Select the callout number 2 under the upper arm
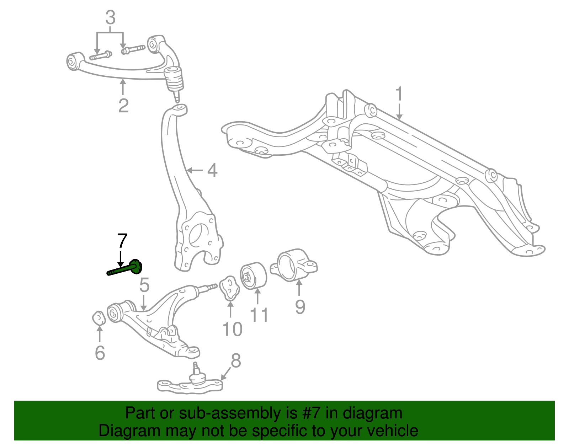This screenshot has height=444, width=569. coord(123,106)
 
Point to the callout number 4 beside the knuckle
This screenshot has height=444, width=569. coord(212,171)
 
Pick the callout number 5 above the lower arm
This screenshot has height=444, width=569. coord(144,285)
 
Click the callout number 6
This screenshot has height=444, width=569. coord(100,353)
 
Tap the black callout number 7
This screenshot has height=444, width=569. coord(122,241)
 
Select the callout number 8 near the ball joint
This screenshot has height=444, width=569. coord(235,360)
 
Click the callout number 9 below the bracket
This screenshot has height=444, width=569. coord(300,307)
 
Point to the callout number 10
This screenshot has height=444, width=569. coord(232,329)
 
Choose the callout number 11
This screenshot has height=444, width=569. coord(259,315)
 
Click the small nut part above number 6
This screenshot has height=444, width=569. coord(99,318)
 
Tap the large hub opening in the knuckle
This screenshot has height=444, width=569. coord(197,235)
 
